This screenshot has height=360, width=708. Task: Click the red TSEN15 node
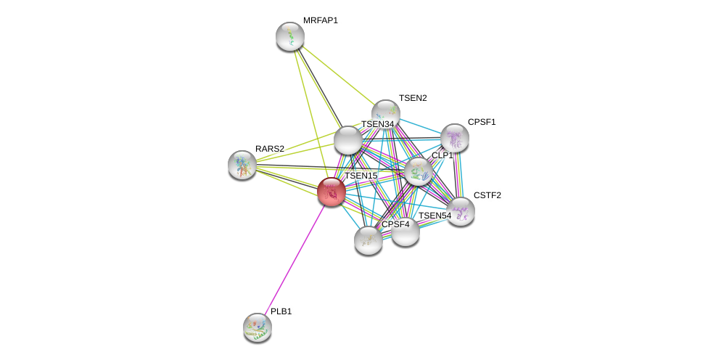point(332,192)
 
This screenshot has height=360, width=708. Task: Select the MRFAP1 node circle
point(290,36)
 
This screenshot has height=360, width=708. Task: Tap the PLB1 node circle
point(258,327)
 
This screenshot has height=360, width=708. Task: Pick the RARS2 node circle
point(242,165)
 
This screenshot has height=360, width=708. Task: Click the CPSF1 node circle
point(455,138)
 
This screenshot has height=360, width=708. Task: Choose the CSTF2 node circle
point(461,211)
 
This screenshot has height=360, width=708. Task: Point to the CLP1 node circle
point(419,171)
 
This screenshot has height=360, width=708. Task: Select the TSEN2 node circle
point(386,114)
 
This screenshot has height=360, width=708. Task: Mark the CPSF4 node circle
point(369,240)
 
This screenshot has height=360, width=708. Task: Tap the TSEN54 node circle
point(406,232)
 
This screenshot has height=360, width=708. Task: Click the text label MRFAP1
point(321,20)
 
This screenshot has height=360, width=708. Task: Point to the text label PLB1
point(281,311)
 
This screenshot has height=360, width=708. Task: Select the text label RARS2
point(270,149)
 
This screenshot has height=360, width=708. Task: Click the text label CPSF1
point(482,122)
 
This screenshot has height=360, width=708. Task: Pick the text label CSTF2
point(487,195)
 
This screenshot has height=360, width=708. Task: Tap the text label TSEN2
point(413,98)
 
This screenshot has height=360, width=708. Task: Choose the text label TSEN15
point(361,176)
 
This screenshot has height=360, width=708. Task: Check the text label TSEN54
point(435,216)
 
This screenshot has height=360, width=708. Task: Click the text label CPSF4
point(395,224)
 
